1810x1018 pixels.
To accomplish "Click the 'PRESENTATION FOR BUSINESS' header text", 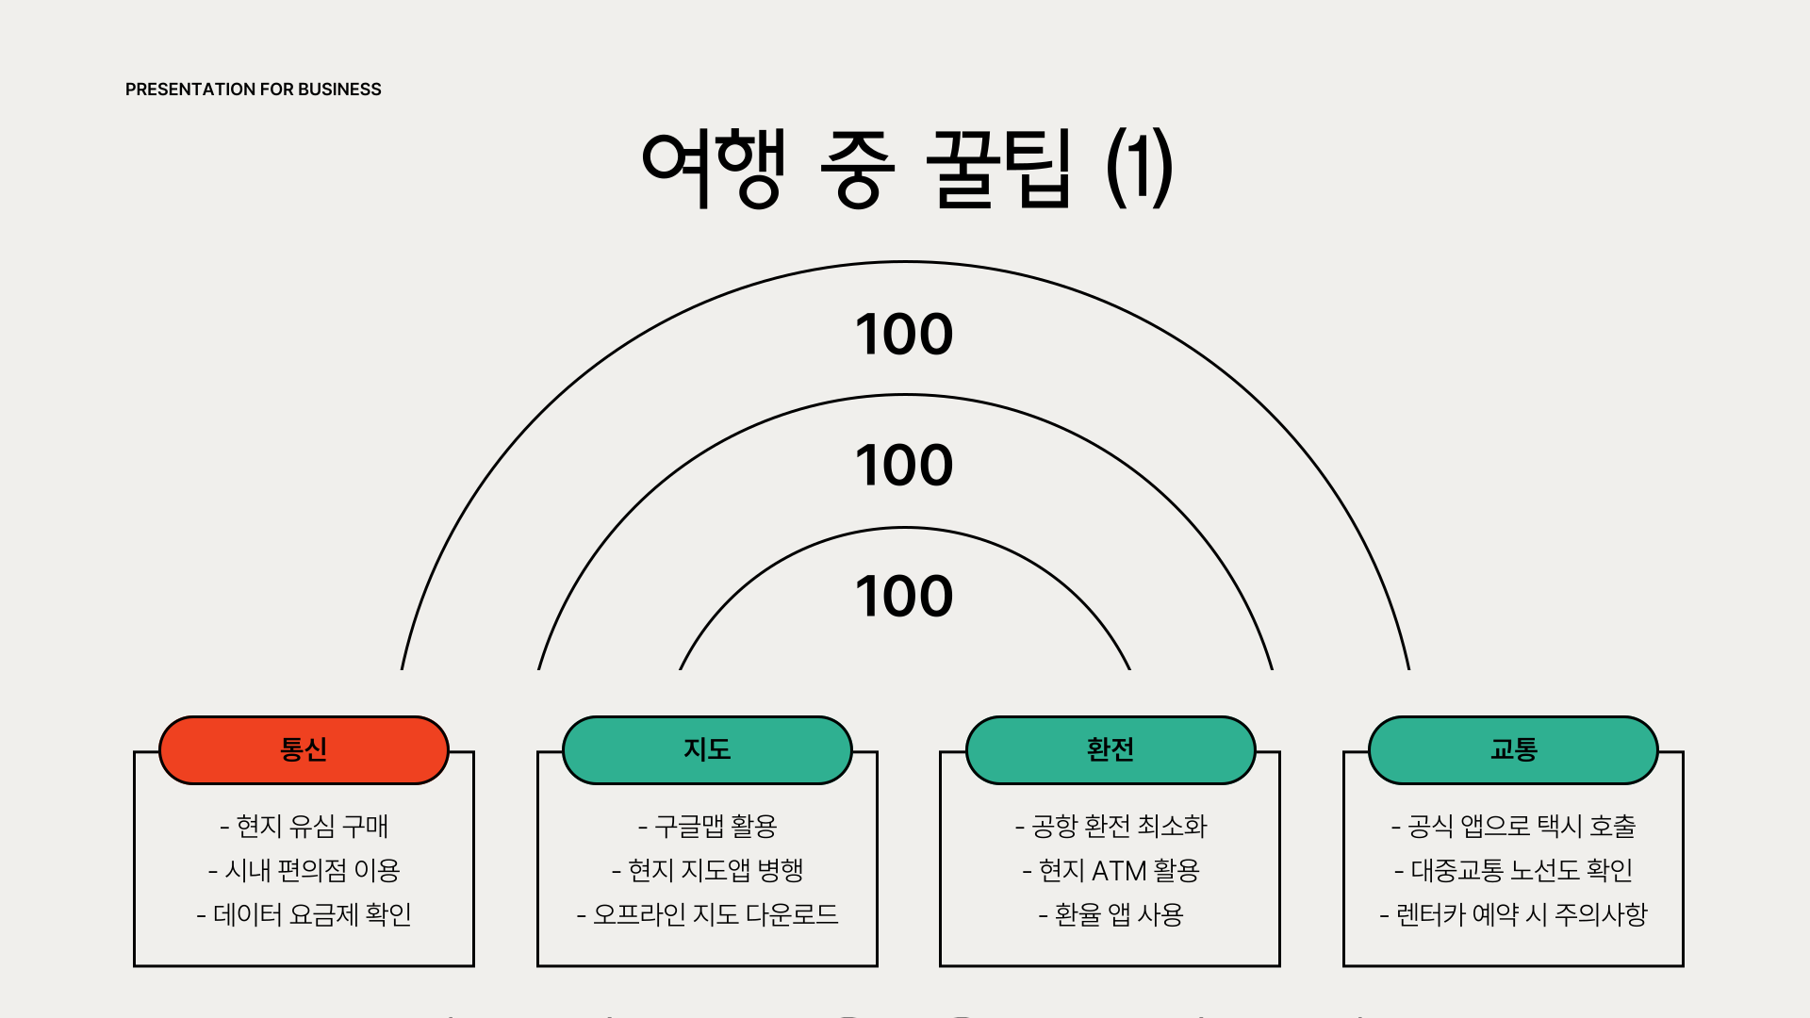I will click(253, 90).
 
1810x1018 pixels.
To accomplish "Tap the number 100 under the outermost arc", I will click(904, 335).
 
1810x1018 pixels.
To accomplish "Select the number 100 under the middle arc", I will click(904, 466).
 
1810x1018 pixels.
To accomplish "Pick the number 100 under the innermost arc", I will click(904, 597).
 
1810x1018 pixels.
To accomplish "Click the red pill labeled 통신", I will click(304, 750).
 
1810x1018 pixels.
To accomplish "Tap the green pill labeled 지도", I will click(707, 750).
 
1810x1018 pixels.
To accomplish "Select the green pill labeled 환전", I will click(1111, 750).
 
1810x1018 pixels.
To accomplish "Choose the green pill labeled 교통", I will click(1513, 750).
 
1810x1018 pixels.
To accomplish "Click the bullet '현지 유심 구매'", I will click(304, 827).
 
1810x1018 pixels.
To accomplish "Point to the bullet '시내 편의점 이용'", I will click(304, 871).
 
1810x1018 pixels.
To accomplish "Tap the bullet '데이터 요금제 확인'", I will click(304, 915).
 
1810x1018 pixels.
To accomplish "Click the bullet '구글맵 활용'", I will click(708, 827).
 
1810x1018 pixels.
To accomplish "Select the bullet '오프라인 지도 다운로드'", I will click(708, 915).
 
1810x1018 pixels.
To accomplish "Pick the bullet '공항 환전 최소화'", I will click(1111, 827).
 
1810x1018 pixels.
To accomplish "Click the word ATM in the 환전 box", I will click(1118, 871).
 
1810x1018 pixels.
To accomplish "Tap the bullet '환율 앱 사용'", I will click(1111, 915).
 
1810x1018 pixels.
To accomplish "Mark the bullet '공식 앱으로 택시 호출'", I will click(1514, 827).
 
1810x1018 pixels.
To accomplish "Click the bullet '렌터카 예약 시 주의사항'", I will click(1514, 915).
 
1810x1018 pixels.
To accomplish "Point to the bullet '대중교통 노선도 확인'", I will click(1514, 871).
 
